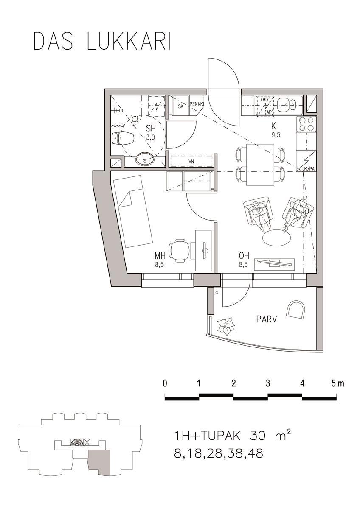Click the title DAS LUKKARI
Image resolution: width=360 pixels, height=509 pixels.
tap(102, 41)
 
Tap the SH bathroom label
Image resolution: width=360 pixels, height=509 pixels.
tap(151, 129)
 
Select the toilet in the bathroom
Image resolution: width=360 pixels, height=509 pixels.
tap(123, 138)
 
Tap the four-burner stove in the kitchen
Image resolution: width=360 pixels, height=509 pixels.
tap(306, 124)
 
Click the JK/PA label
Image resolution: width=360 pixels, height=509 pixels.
tap(309, 169)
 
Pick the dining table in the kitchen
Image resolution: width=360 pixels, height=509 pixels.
tap(260, 165)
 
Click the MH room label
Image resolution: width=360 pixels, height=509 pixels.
tap(160, 256)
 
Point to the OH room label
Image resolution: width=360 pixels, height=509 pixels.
tap(244, 256)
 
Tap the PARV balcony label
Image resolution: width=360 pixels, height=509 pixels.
tap(267, 319)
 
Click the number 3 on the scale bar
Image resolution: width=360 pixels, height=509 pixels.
tap(268, 383)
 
